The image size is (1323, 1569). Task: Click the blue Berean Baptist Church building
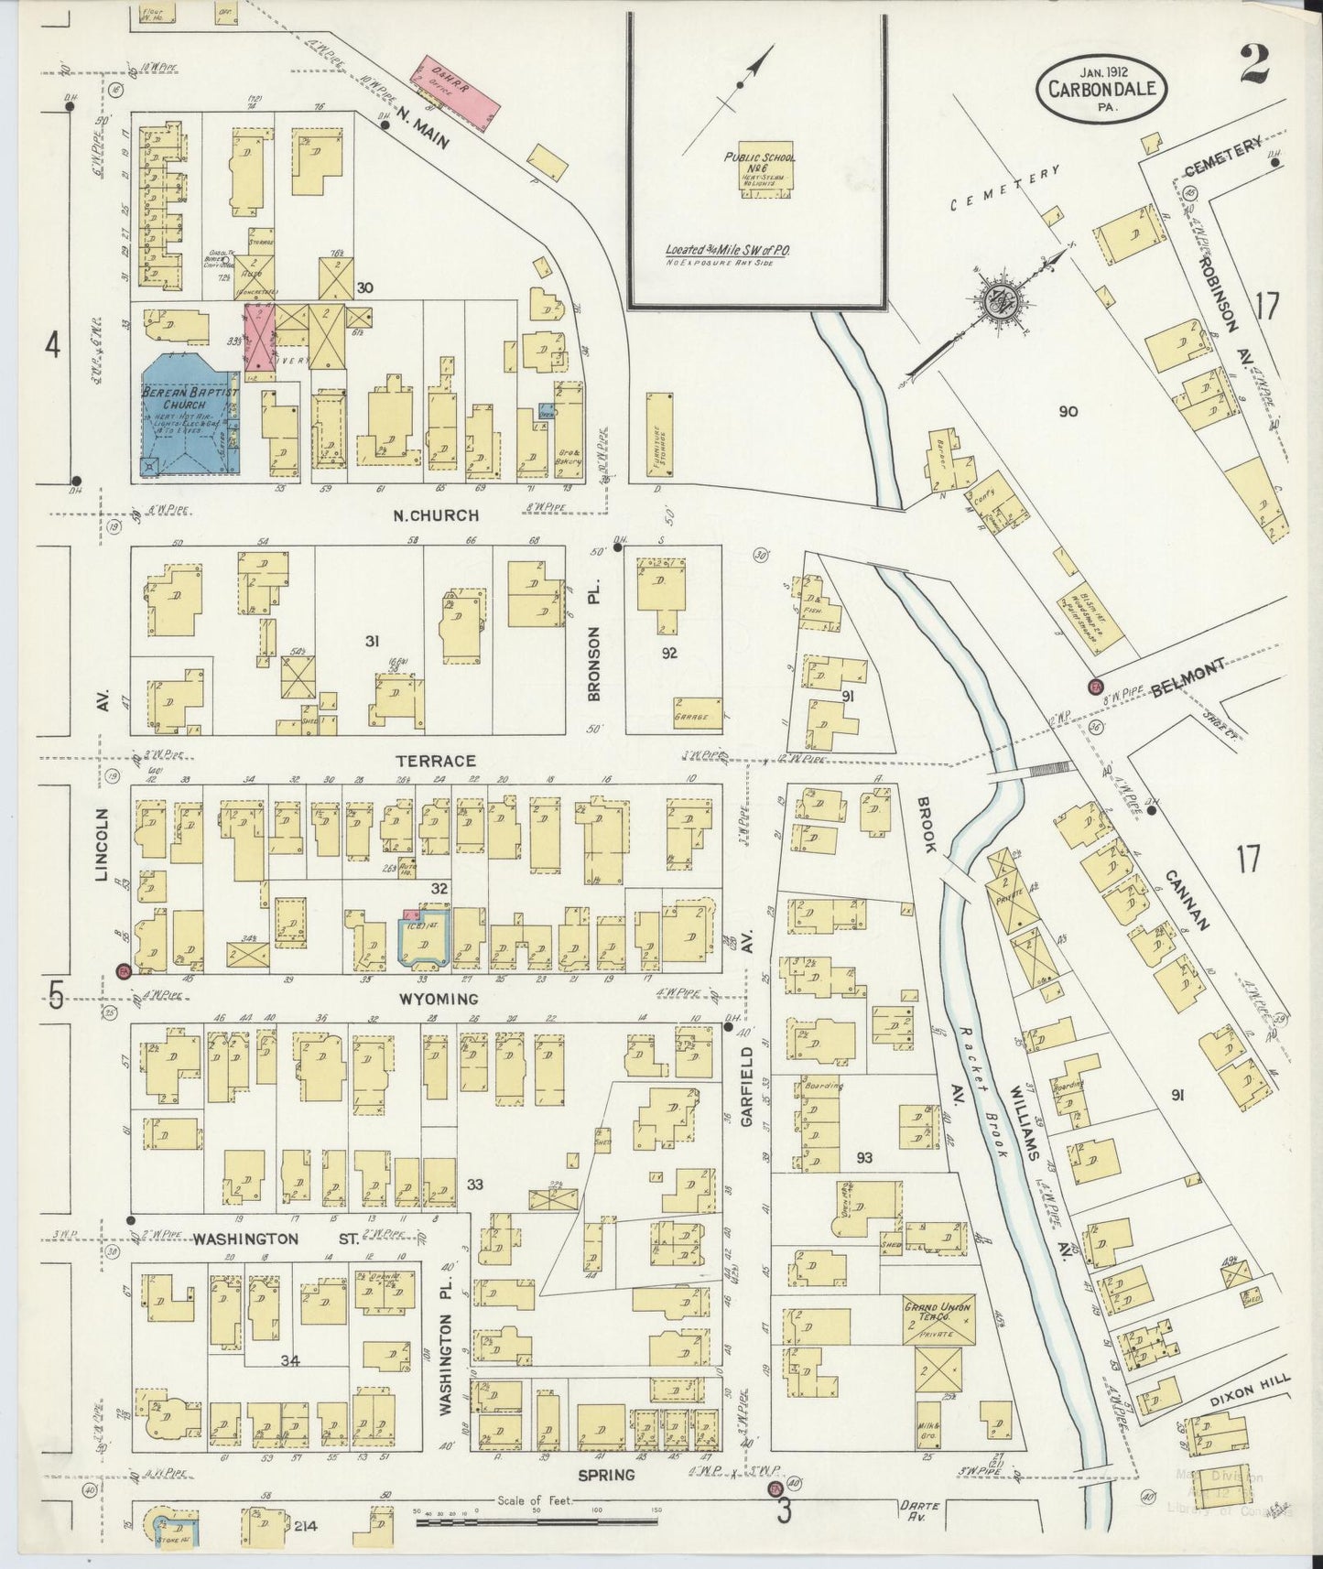tap(188, 417)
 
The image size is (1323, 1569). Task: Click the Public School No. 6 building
tap(760, 174)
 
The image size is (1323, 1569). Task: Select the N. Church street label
tap(436, 515)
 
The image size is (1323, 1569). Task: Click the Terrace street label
tap(436, 761)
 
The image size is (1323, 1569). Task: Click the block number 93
tap(863, 1158)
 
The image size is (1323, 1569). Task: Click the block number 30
tap(364, 287)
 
